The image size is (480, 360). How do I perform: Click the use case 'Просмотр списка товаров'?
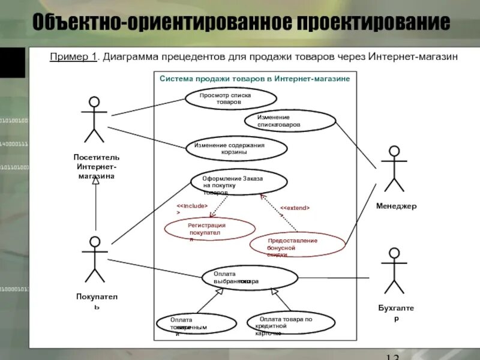click(230, 98)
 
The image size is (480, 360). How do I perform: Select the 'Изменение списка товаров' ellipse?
click(290, 121)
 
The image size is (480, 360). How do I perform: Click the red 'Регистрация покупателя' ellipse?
click(210, 229)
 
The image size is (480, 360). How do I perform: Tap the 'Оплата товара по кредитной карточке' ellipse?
click(290, 323)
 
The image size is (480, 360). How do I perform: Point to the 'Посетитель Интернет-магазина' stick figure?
click(94, 120)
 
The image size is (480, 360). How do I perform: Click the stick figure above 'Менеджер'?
click(394, 169)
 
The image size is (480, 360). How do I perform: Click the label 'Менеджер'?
click(396, 206)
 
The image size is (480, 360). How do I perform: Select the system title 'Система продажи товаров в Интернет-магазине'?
click(254, 79)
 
